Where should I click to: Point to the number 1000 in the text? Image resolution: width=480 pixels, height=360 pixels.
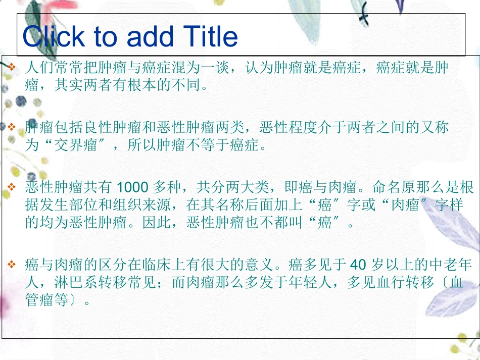coord(132,188)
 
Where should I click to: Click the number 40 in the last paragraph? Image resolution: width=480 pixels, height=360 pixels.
coord(357,264)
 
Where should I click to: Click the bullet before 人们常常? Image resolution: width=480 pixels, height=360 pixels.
coord(13,67)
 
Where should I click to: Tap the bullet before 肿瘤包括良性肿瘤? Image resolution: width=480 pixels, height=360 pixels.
coord(13,127)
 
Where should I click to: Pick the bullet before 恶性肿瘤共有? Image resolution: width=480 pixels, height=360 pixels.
coord(13,188)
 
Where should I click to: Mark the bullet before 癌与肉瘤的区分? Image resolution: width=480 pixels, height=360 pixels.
coord(13,264)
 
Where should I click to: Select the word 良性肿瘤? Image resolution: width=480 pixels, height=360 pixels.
coord(113,128)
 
